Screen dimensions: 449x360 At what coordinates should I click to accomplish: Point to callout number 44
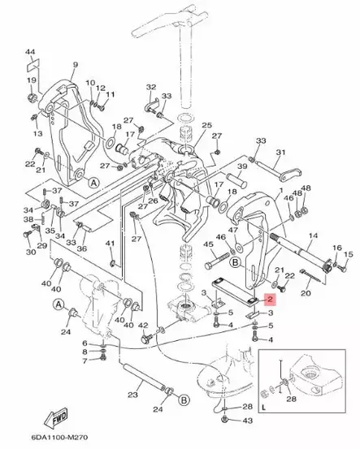(31, 53)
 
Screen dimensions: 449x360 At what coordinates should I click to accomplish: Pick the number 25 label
(206, 125)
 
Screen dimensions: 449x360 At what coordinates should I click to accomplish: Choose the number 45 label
(208, 244)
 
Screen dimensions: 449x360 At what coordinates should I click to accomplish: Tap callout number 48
(306, 189)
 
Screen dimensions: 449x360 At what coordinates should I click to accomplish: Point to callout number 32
(151, 87)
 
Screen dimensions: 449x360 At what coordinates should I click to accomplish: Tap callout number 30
(30, 253)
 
